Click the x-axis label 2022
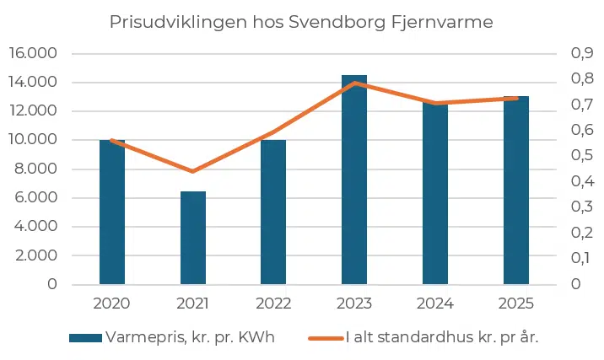point(273,303)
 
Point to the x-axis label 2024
point(435,303)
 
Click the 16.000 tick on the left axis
point(32,53)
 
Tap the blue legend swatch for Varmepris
point(84,337)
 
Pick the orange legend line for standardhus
point(326,337)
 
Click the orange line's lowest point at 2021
point(193,171)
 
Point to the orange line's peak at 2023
point(355,83)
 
